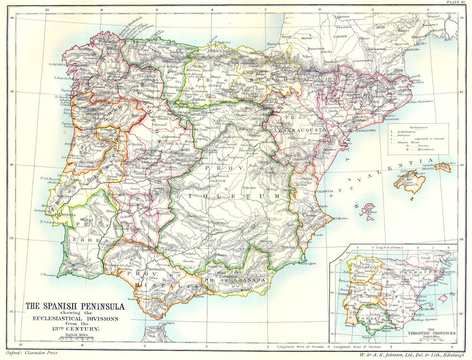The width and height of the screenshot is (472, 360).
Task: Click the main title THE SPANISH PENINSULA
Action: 75,306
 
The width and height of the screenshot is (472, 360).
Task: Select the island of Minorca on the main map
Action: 443,167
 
